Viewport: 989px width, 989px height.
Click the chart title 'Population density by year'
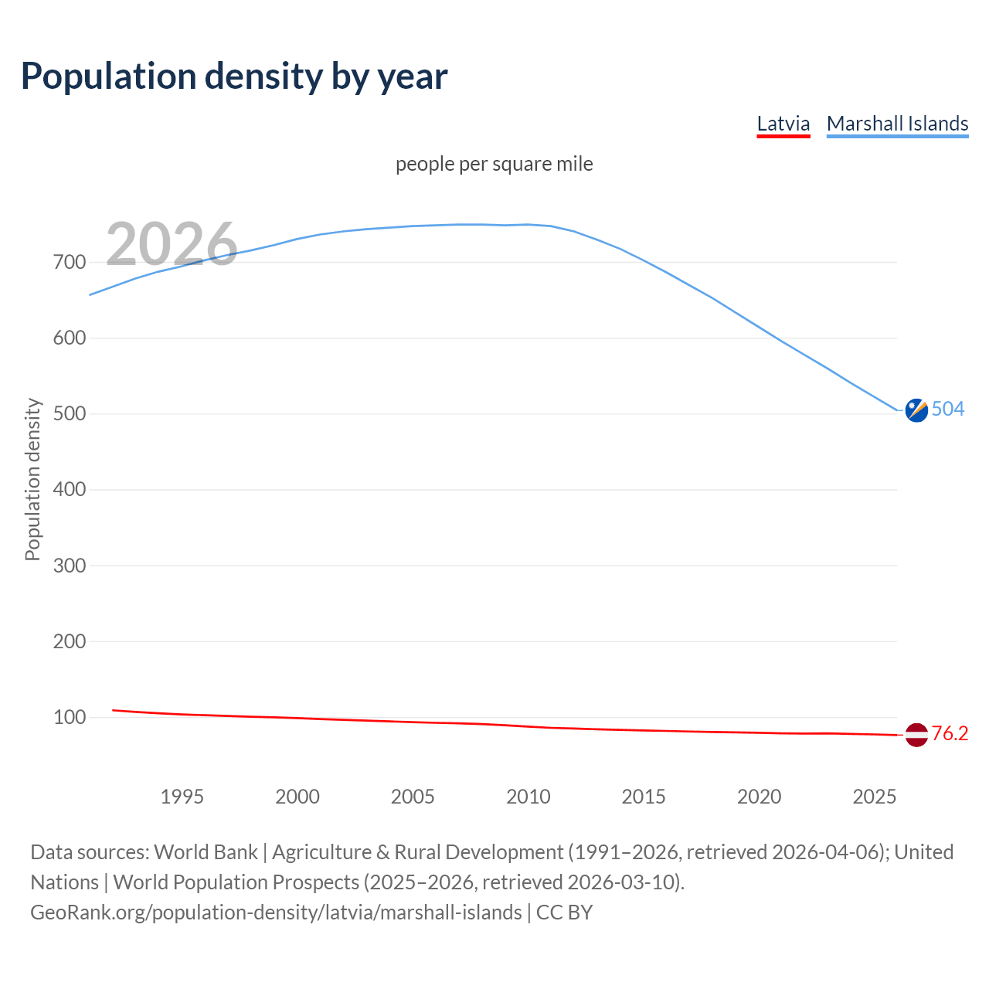pyautogui.click(x=234, y=76)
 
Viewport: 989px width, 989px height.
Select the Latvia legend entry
pyautogui.click(x=783, y=124)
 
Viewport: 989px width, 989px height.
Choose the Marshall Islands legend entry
pyautogui.click(x=897, y=124)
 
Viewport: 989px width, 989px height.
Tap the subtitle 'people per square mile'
pyautogui.click(x=494, y=164)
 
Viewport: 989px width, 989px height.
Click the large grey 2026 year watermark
pyautogui.click(x=172, y=244)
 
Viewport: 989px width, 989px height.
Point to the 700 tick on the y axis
pyautogui.click(x=69, y=263)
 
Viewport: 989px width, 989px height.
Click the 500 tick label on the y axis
pyautogui.click(x=69, y=414)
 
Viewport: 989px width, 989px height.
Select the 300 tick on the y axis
pyautogui.click(x=69, y=566)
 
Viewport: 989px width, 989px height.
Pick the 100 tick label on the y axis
pyautogui.click(x=69, y=717)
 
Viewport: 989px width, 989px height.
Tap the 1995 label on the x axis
pyautogui.click(x=182, y=797)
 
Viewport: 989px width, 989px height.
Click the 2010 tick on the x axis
pyautogui.click(x=528, y=797)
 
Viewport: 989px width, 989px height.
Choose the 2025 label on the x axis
pyautogui.click(x=874, y=797)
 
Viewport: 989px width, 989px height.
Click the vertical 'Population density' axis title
pyautogui.click(x=32, y=479)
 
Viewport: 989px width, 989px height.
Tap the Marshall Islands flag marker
pyautogui.click(x=916, y=410)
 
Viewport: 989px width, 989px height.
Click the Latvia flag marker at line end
pyautogui.click(x=916, y=735)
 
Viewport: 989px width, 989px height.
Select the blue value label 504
pyautogui.click(x=948, y=409)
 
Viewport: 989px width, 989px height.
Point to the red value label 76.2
pyautogui.click(x=950, y=733)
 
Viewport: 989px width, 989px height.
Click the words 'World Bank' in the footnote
pyautogui.click(x=206, y=852)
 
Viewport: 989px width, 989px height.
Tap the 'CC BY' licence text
pyautogui.click(x=564, y=913)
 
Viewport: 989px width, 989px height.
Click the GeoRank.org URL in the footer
pyautogui.click(x=276, y=913)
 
